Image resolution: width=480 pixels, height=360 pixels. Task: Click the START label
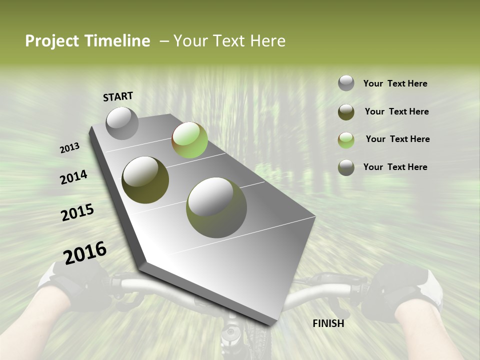tap(118, 96)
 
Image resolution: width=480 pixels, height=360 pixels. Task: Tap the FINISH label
tap(328, 323)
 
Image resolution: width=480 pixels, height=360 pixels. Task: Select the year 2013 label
tap(69, 148)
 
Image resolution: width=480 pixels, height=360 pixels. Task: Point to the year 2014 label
tap(73, 177)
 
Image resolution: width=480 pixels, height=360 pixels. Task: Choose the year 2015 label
tap(77, 212)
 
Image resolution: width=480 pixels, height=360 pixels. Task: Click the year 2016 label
tap(85, 253)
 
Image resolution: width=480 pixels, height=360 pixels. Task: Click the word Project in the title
tap(52, 41)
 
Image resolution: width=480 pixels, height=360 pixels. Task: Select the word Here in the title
tap(267, 41)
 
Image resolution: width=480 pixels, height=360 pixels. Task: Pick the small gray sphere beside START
tap(122, 123)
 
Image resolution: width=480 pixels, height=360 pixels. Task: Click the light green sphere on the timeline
tap(189, 140)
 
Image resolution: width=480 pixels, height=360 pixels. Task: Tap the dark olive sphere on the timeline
tap(145, 179)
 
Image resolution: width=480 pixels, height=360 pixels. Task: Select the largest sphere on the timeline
tap(216, 207)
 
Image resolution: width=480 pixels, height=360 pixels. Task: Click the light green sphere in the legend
tap(346, 140)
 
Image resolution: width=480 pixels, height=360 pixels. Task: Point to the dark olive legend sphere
tap(346, 112)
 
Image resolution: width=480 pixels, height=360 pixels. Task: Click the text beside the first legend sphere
tap(395, 84)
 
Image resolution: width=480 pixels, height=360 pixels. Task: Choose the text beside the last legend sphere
tap(395, 167)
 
